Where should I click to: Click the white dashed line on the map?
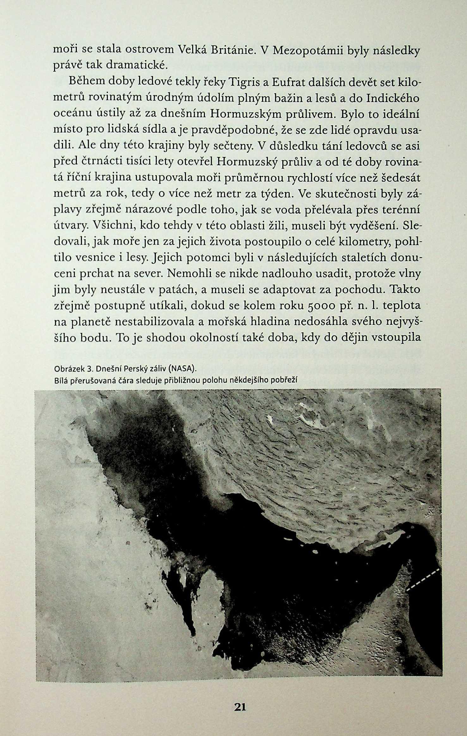(423, 578)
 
